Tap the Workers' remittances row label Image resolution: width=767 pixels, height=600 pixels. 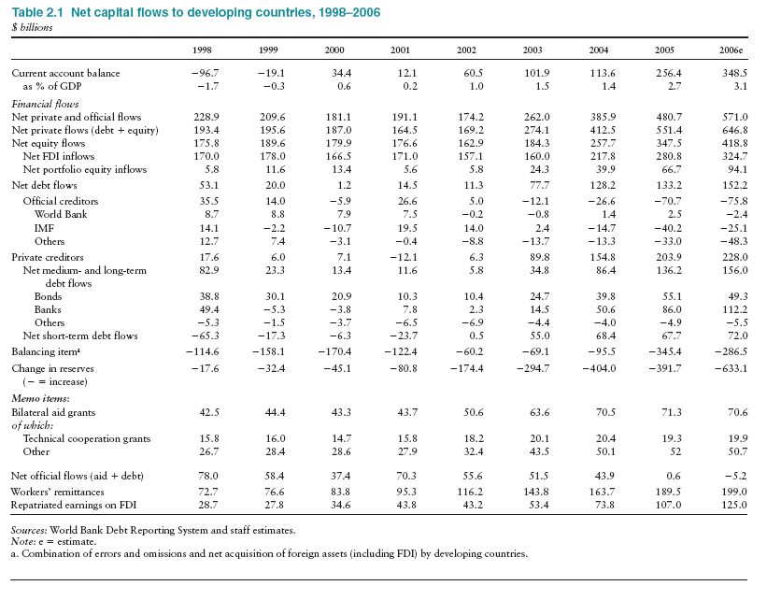58,491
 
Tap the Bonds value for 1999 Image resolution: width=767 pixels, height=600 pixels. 271,295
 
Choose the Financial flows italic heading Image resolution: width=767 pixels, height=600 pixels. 44,104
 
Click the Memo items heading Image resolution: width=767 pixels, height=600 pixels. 39,398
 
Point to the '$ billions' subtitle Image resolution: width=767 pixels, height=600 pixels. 32,26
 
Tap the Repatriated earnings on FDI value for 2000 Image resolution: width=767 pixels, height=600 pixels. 337,504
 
